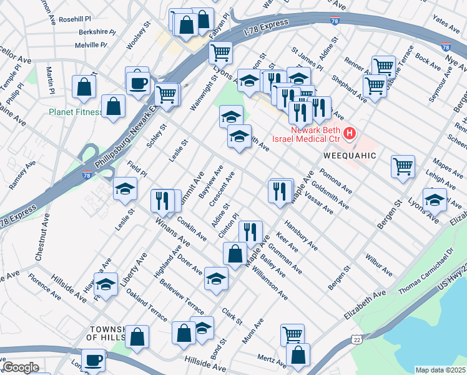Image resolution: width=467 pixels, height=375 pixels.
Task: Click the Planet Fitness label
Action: [76, 112]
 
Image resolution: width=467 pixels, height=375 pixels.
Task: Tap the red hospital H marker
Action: [350, 133]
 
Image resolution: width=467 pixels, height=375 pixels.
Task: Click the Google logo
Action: [21, 367]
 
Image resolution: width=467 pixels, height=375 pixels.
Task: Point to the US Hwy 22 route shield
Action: [356, 338]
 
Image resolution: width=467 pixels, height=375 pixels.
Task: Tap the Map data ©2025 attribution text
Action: [440, 370]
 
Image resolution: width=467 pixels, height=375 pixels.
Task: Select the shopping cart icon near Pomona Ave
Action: [403, 166]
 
